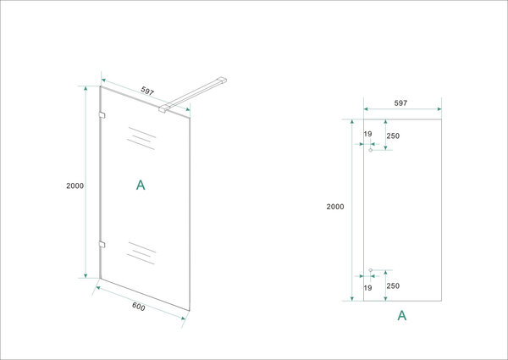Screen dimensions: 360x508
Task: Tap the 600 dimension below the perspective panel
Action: (138, 307)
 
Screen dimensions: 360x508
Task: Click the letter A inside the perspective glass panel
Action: (141, 185)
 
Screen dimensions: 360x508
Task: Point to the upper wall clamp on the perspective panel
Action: (102, 114)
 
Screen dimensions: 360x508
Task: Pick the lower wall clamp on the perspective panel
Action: (102, 245)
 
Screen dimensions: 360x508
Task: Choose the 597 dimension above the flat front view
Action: (401, 102)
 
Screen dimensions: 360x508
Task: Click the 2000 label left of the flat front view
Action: (336, 206)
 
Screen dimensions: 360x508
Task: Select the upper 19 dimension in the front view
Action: (367, 134)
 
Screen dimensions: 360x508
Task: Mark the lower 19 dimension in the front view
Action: (367, 288)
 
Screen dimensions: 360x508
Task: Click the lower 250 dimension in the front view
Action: (394, 285)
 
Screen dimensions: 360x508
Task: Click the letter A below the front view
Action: (402, 316)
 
